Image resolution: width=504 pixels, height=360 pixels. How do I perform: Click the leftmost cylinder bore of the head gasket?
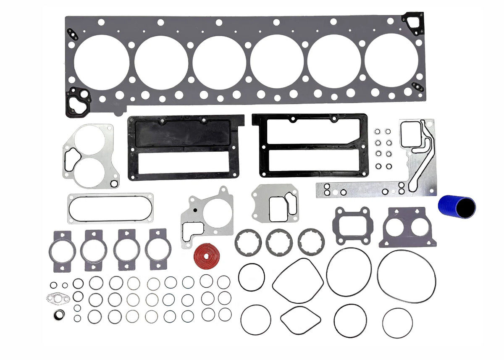point(102,62)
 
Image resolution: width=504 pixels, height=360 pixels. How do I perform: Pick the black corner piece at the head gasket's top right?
point(414,22)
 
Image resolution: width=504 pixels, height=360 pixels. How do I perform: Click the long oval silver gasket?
point(110,208)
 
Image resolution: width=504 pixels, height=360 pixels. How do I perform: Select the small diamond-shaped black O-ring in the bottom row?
point(300,320)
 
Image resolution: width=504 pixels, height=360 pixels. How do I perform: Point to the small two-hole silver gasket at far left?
point(57,298)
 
